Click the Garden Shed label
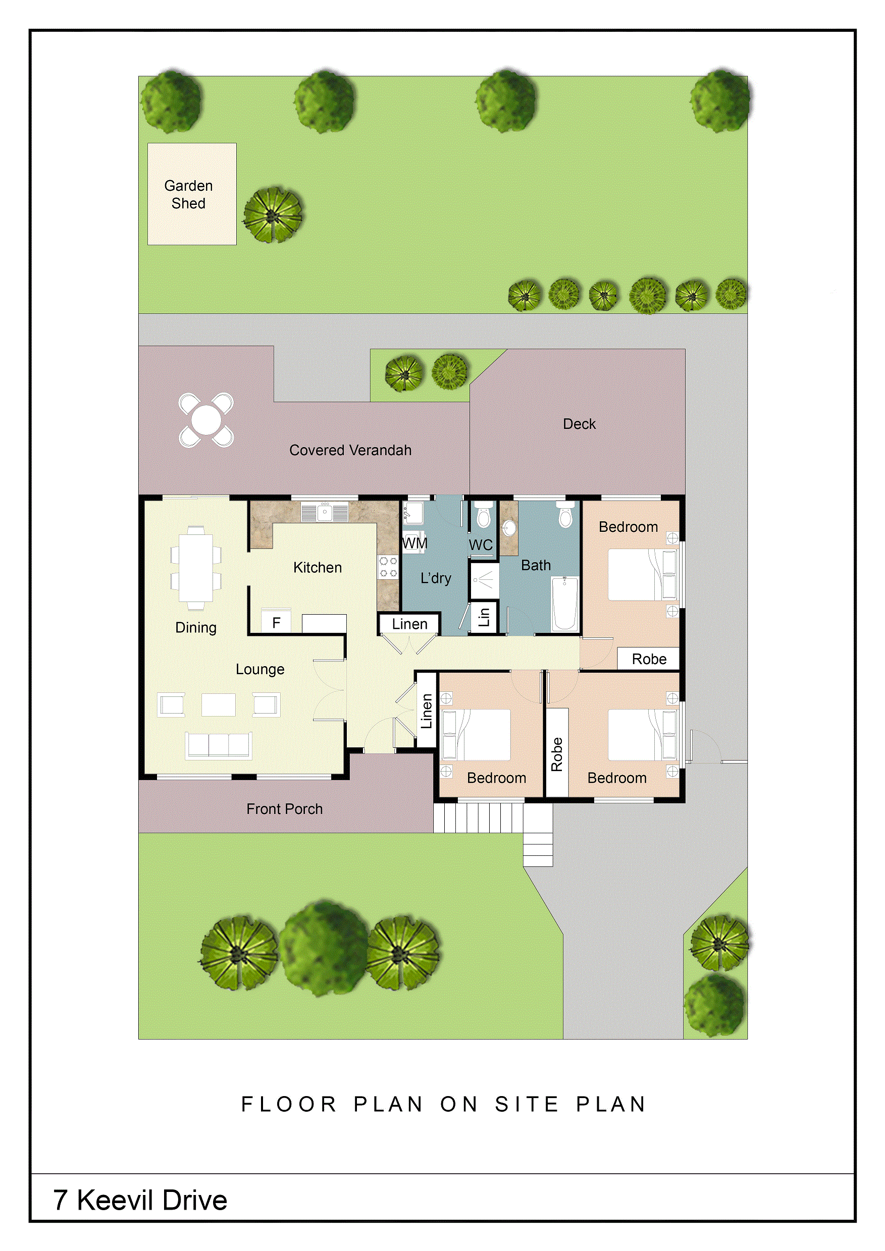point(188,194)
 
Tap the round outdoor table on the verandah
point(206,420)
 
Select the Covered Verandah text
point(350,450)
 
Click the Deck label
point(579,424)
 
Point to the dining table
point(196,567)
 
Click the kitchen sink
point(325,513)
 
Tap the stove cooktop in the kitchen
point(388,567)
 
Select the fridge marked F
point(276,622)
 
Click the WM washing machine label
point(414,543)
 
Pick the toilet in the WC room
point(483,516)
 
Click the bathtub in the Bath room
point(565,604)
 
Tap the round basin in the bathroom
point(509,528)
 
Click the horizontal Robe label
point(649,659)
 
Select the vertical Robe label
point(556,754)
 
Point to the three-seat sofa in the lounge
point(219,745)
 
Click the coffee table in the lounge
point(219,704)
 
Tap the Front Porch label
point(284,809)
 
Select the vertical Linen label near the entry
point(426,711)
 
